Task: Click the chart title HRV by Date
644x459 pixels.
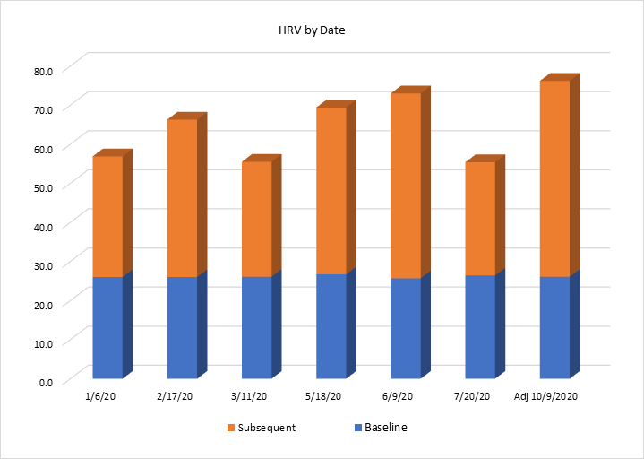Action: click(312, 30)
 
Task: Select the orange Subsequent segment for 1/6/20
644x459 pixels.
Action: click(107, 216)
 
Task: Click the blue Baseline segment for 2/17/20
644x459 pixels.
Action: click(182, 327)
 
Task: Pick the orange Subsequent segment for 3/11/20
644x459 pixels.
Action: click(256, 219)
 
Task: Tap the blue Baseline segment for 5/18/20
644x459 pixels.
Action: click(331, 325)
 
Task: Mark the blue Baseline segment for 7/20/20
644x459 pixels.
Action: click(479, 326)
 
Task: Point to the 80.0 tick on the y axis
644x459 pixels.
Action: click(44, 70)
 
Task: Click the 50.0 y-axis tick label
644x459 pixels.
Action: click(44, 186)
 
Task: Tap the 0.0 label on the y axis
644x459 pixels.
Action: click(47, 382)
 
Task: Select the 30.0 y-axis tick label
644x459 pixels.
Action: click(44, 264)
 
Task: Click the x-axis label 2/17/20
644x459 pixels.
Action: click(174, 395)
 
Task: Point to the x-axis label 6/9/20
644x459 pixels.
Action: click(398, 395)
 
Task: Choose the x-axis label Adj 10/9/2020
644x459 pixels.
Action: click(546, 395)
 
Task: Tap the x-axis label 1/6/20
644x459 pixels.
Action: click(99, 395)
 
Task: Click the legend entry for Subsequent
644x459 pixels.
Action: click(262, 428)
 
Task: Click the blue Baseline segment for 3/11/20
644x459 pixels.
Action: click(256, 327)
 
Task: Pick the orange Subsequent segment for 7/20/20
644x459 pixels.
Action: click(479, 219)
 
